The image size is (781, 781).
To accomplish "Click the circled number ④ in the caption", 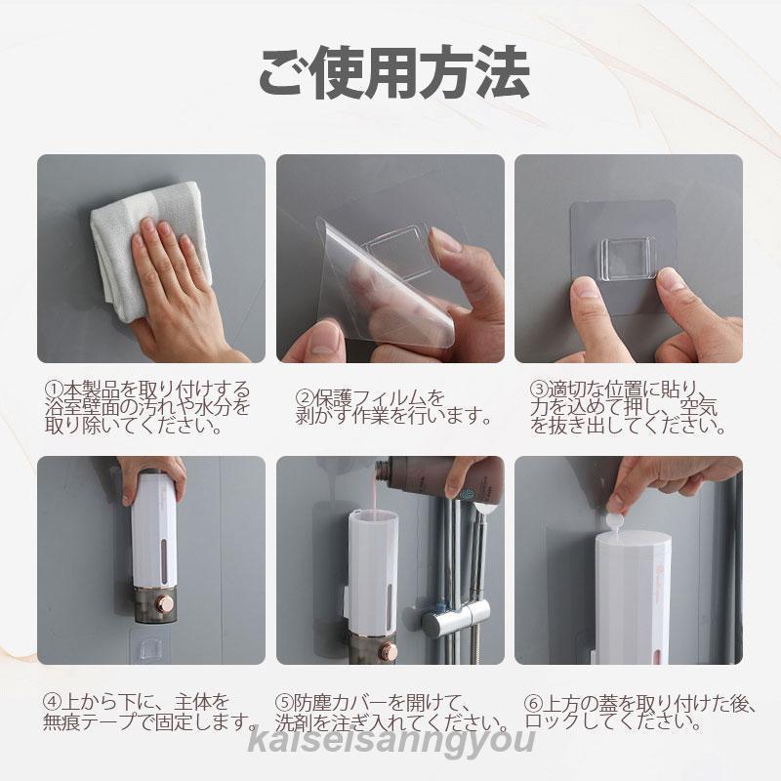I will click(x=53, y=702).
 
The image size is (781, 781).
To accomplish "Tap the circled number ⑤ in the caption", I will click(x=285, y=702).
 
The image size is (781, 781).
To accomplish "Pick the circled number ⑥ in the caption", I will click(x=533, y=702).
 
